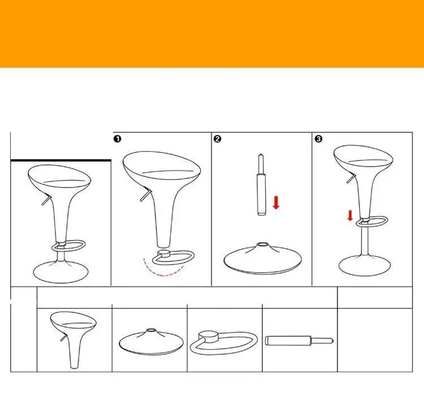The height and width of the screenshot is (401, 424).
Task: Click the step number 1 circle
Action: [118, 139]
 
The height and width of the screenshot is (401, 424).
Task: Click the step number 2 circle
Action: [217, 139]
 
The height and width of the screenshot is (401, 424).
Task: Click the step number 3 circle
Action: [318, 139]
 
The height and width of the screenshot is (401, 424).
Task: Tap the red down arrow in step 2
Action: [276, 202]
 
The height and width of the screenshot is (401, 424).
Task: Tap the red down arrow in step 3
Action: [350, 216]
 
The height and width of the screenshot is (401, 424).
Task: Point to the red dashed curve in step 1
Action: [163, 272]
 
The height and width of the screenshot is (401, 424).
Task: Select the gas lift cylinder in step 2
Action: [261, 185]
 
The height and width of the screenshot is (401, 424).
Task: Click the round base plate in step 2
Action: [262, 259]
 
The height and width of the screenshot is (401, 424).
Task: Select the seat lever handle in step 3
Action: [351, 178]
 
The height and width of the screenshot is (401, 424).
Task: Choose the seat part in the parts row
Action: [73, 339]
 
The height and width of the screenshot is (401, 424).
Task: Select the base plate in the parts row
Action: [151, 342]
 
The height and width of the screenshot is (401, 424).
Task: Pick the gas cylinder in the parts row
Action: [299, 341]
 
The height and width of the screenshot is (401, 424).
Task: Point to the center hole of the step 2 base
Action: [261, 245]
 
